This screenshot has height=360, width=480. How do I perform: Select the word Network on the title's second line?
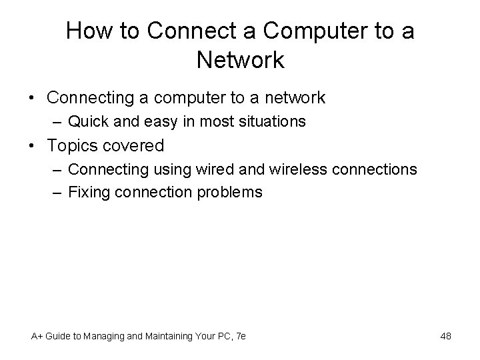[x=241, y=60]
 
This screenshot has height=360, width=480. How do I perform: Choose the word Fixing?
[x=90, y=193]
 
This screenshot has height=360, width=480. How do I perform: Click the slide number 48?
[x=445, y=336]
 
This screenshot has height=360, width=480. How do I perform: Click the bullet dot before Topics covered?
[x=31, y=145]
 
